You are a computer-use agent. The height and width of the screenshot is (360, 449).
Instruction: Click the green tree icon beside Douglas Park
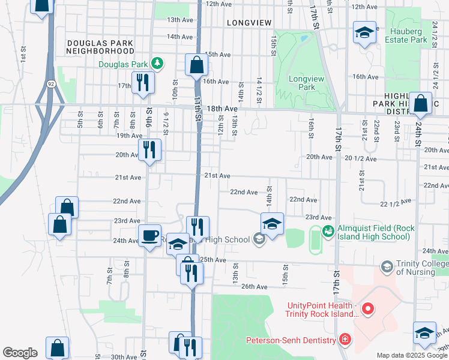pos(157,62)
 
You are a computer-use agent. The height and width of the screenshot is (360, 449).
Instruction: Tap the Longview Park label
pos(302,83)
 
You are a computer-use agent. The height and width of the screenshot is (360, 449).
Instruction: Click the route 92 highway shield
pos(53,85)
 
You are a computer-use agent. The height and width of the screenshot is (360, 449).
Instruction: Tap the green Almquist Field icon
pos(328,230)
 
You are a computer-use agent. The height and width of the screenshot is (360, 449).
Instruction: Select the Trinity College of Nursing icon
pos(387,265)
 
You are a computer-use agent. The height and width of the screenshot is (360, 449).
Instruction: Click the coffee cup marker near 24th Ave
pos(149,235)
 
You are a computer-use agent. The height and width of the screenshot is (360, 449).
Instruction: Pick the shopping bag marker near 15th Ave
pos(196,64)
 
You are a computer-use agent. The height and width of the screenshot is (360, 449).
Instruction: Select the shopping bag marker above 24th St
pos(421,103)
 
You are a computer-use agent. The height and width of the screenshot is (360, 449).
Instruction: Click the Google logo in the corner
pos(20,353)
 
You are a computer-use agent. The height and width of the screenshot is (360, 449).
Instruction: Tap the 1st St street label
pos(23,56)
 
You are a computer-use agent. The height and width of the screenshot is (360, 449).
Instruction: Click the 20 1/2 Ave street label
pos(360,159)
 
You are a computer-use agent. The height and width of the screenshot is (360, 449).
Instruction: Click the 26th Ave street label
pos(254,287)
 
